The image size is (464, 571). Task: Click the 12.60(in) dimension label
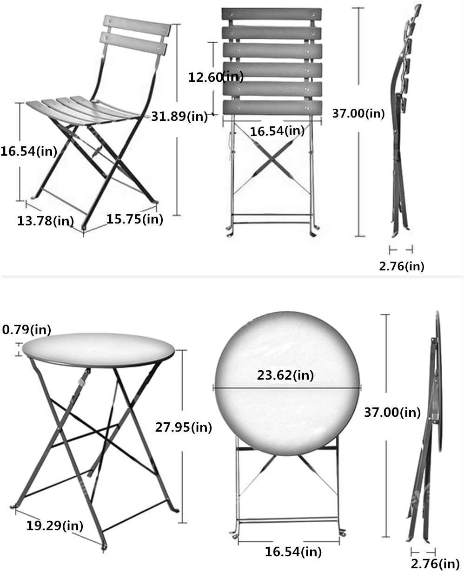click(216, 77)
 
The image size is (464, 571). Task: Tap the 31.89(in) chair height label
click(180, 116)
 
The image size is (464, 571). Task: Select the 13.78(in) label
click(46, 221)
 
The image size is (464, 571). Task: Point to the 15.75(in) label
click(135, 219)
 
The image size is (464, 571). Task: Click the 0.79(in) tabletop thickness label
click(27, 329)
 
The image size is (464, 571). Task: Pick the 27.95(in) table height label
click(183, 427)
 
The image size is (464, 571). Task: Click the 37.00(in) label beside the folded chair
click(358, 112)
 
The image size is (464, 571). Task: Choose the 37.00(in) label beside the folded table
click(392, 412)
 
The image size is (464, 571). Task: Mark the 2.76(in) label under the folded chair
click(402, 266)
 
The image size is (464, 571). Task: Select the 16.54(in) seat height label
click(29, 151)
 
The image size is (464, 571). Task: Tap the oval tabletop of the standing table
click(98, 348)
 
